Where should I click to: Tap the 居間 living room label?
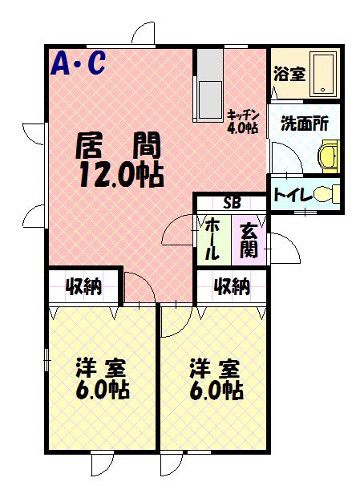point(118,146)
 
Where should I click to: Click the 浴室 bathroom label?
point(289,74)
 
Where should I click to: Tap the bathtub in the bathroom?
point(324,73)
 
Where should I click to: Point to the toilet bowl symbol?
point(324,194)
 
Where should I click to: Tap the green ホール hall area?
point(213,238)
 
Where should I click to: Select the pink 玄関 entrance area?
point(248,238)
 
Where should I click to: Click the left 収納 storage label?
point(83,285)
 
